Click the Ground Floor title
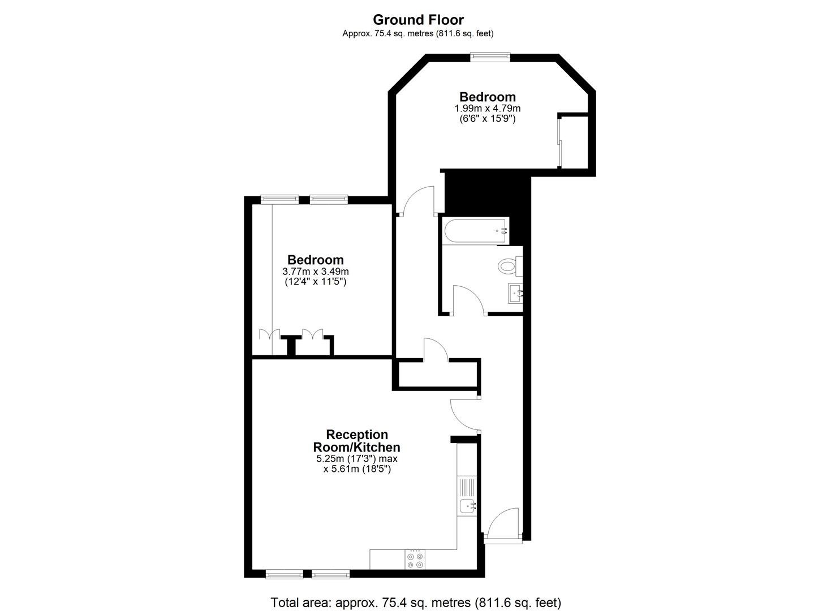[x=418, y=19]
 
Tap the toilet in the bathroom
[x=510, y=266]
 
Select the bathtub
[x=476, y=231]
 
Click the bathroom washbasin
[x=516, y=293]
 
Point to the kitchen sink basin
[x=468, y=507]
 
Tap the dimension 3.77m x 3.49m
[x=316, y=271]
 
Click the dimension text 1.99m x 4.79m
[x=488, y=109]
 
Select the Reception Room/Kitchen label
[x=356, y=441]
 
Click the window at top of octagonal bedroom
[x=490, y=57]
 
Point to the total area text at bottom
[x=416, y=592]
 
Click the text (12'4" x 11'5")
[x=316, y=282]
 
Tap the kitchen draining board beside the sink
[x=467, y=488]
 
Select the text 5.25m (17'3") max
[x=356, y=459]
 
